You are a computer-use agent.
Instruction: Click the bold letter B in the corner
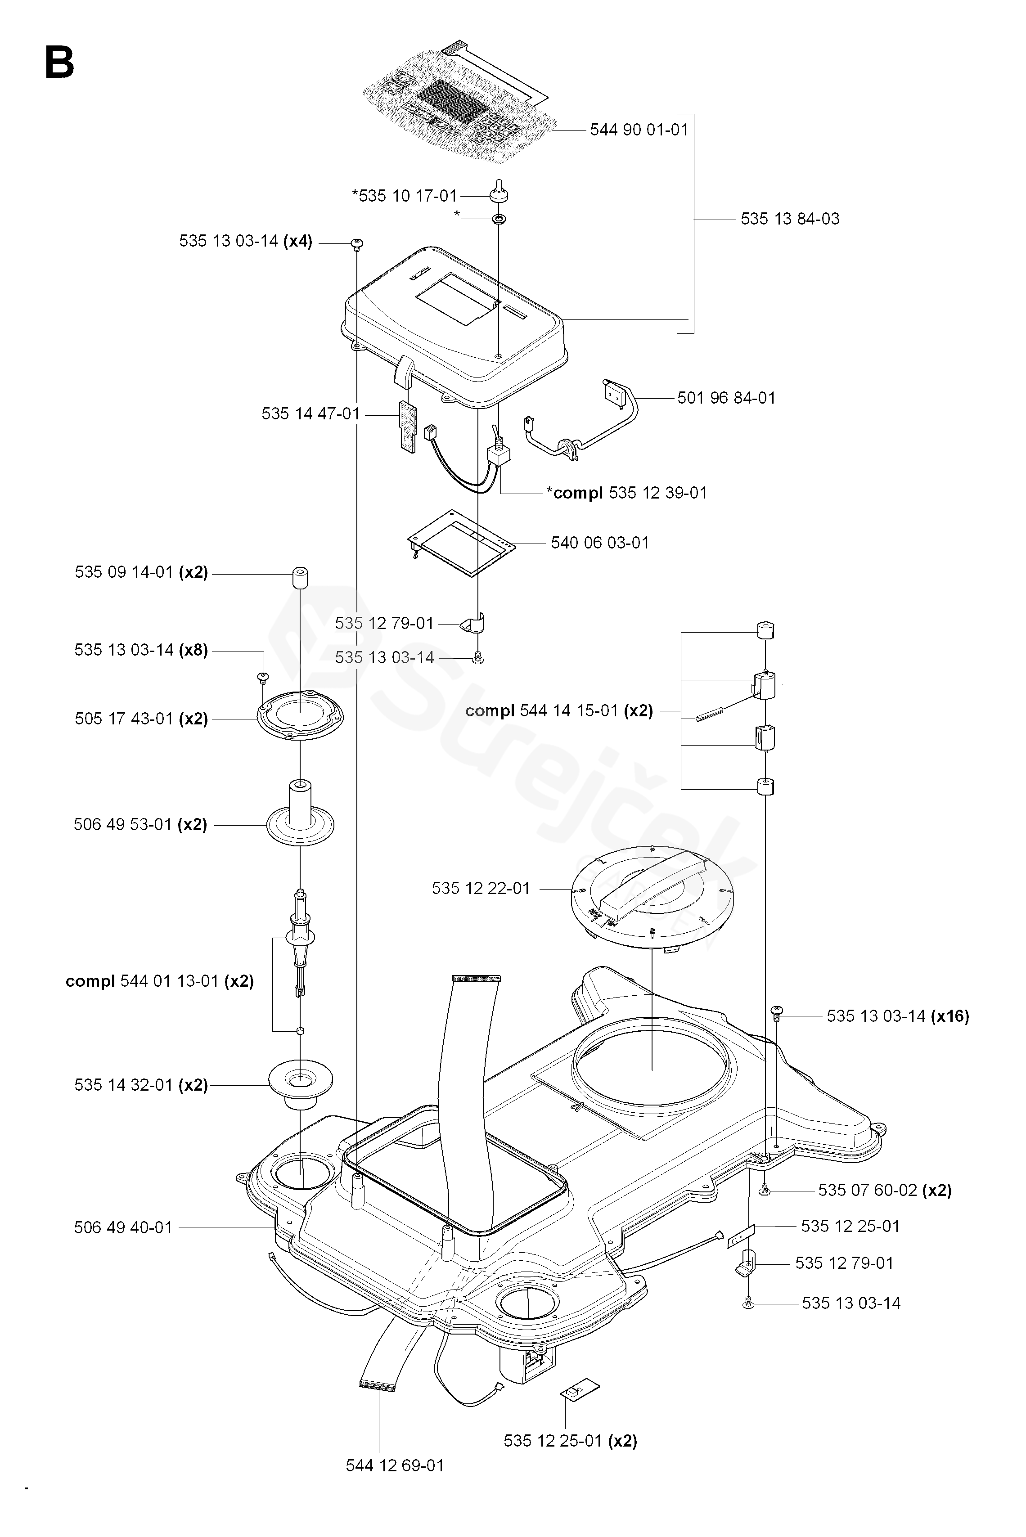coord(59,63)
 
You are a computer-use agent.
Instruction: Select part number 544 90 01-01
coord(639,130)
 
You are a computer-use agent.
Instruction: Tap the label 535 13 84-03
coord(790,219)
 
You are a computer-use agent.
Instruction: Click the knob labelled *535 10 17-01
coord(499,193)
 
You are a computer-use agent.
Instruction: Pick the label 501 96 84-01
coord(726,398)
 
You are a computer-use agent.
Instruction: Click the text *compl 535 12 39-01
coord(627,493)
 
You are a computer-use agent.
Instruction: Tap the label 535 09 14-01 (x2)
coord(141,572)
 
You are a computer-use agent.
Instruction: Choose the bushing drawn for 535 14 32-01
coord(300,1087)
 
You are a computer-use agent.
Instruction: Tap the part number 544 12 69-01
coord(395,1465)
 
